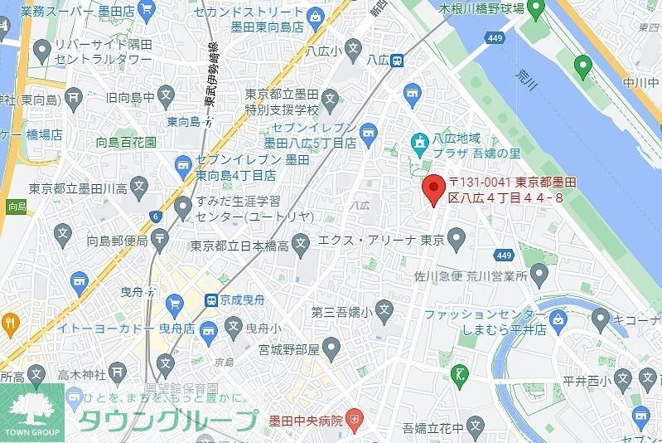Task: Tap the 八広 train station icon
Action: click(398, 60)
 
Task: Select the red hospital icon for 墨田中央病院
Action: click(355, 420)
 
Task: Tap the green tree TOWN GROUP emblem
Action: click(32, 406)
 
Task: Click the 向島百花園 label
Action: click(126, 142)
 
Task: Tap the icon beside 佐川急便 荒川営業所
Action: click(540, 272)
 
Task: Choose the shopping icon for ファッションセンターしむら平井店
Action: click(558, 316)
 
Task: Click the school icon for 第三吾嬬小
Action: click(382, 312)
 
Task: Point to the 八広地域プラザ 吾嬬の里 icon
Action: click(422, 141)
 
